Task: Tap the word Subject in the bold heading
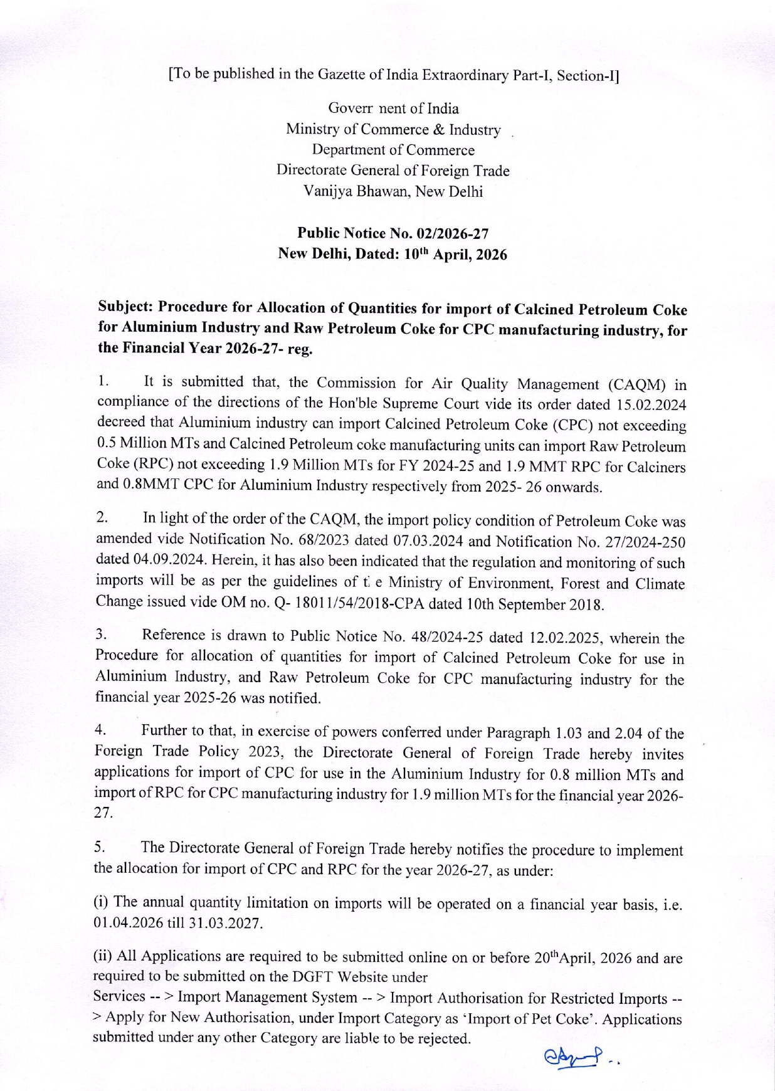pos(125,307)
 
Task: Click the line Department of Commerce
pos(393,150)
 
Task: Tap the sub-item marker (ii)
pos(103,956)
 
